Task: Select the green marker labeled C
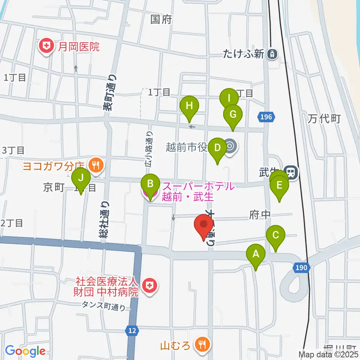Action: coord(276,236)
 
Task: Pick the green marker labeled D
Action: coord(217,148)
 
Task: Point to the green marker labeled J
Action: coord(81,178)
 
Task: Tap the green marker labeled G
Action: coord(233,114)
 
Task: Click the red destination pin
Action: coord(204,225)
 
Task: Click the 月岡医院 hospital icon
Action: coord(46,46)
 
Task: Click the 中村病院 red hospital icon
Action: coord(149,286)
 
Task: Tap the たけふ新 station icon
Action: coord(272,54)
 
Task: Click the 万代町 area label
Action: coord(324,119)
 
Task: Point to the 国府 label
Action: coord(161,19)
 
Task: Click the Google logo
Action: coord(25,351)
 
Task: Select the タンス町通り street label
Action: coord(104,306)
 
